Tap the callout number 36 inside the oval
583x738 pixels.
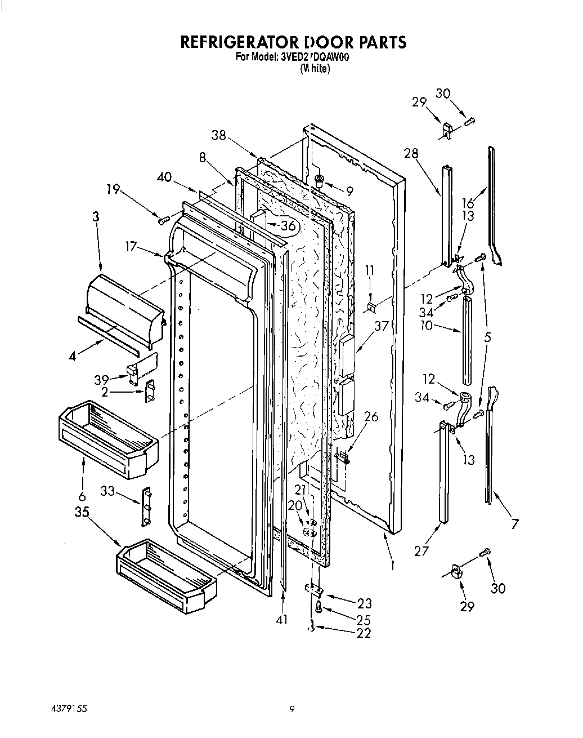point(288,225)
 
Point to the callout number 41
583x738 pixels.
point(281,620)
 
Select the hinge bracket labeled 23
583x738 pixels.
point(314,590)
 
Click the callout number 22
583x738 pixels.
point(364,633)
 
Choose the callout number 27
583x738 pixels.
point(421,551)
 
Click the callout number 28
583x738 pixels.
point(411,152)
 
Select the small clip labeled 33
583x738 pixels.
point(146,506)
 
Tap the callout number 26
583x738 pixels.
point(371,417)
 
